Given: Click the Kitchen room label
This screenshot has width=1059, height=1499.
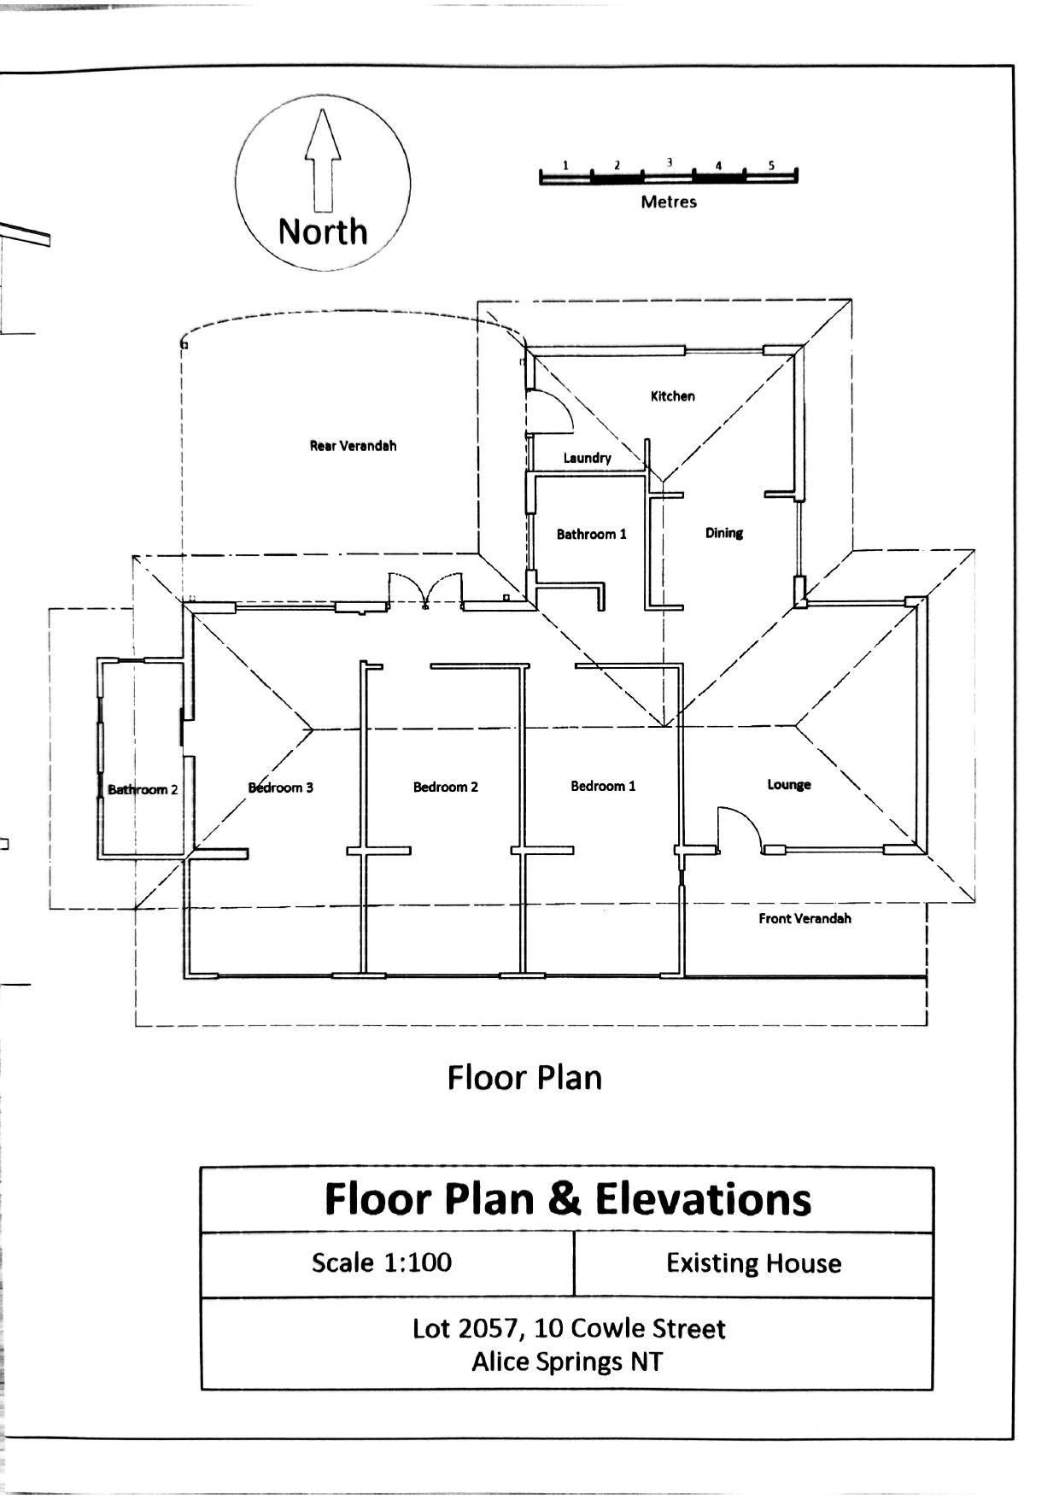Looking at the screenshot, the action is pos(673,396).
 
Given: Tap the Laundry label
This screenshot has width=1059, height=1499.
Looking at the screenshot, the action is pos(588,459).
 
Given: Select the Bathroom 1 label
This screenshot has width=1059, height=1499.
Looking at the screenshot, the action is pos(592,535).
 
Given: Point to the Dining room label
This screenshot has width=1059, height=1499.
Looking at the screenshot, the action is pos(724,533).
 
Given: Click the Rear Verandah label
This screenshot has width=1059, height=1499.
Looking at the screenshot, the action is pos(353,446).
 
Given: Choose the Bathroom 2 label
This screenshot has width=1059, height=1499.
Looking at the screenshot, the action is pos(143,789).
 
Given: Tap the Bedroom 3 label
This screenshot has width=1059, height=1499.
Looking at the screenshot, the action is pos(281,788).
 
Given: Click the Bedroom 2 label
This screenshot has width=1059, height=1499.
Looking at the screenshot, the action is pos(446,787).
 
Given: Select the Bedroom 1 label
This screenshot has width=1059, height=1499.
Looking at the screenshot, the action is pos(604,786).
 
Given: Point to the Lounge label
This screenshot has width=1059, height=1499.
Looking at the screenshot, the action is pos(789,785).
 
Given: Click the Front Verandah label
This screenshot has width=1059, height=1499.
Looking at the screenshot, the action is pos(805,919).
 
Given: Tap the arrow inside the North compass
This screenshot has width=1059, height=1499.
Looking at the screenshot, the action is pos(323,160).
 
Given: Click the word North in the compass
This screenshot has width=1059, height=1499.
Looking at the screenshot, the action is pos(323,231).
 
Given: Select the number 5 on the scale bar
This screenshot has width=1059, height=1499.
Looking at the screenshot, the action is pos(771,165).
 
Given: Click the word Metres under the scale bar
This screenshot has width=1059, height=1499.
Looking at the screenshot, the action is pos(669,202).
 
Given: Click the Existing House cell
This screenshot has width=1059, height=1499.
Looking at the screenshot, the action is pos(754,1264).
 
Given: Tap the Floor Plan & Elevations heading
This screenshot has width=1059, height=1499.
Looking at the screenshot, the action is pos(568,1199).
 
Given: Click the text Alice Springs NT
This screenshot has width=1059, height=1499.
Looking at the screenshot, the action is pos(568,1361).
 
